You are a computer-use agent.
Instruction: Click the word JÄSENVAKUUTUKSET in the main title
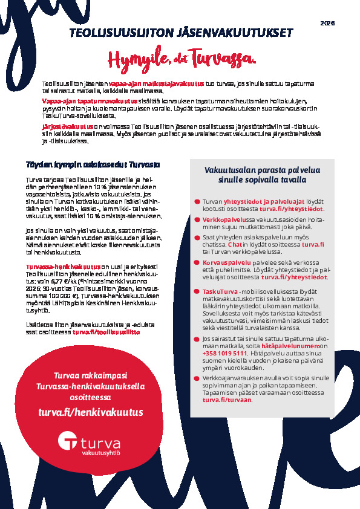point(240,33)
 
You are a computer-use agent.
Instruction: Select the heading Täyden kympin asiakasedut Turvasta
point(93,164)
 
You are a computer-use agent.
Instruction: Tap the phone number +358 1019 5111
point(225,353)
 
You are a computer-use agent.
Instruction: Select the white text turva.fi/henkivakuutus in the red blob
point(91,412)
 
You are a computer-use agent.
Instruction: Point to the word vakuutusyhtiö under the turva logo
point(102,452)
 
